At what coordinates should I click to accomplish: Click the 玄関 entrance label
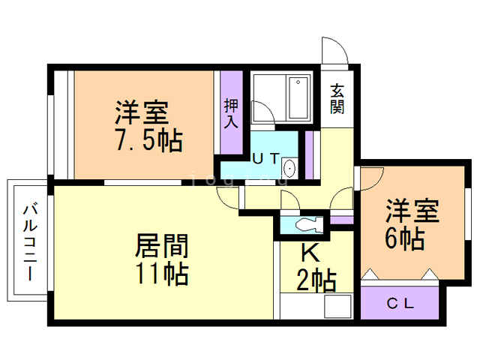(337, 97)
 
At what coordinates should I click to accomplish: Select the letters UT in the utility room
(265, 158)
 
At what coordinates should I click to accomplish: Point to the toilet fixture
(307, 224)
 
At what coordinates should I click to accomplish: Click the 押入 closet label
(232, 112)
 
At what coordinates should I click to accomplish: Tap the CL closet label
(398, 304)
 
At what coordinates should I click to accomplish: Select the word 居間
(160, 244)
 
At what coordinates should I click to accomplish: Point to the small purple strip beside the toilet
(341, 220)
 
